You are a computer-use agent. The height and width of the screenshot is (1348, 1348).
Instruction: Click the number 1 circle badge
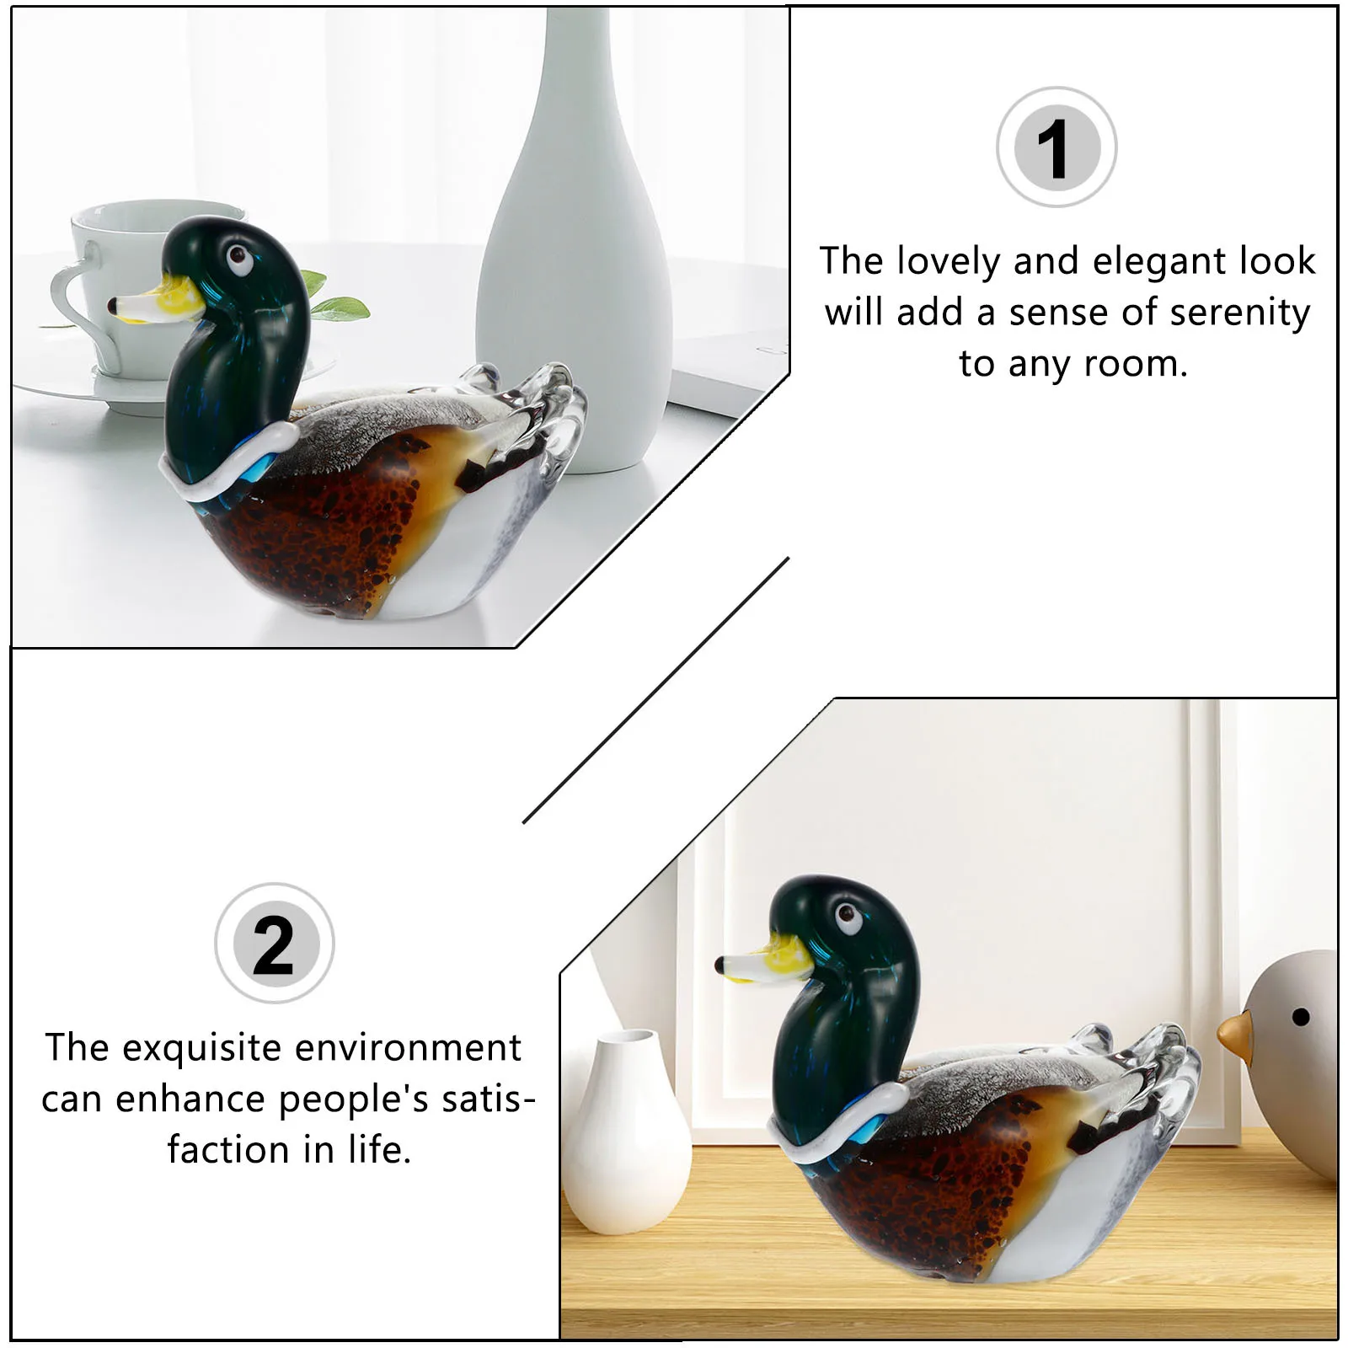pyautogui.click(x=1056, y=147)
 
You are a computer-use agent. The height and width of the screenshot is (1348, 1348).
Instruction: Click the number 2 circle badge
pyautogui.click(x=274, y=943)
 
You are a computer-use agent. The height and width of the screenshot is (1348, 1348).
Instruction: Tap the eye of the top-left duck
pyautogui.click(x=238, y=256)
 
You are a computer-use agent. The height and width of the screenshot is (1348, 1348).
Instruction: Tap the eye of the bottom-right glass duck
pyautogui.click(x=847, y=916)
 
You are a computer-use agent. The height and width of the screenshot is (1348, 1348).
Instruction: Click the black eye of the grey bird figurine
pyautogui.click(x=1300, y=1017)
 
